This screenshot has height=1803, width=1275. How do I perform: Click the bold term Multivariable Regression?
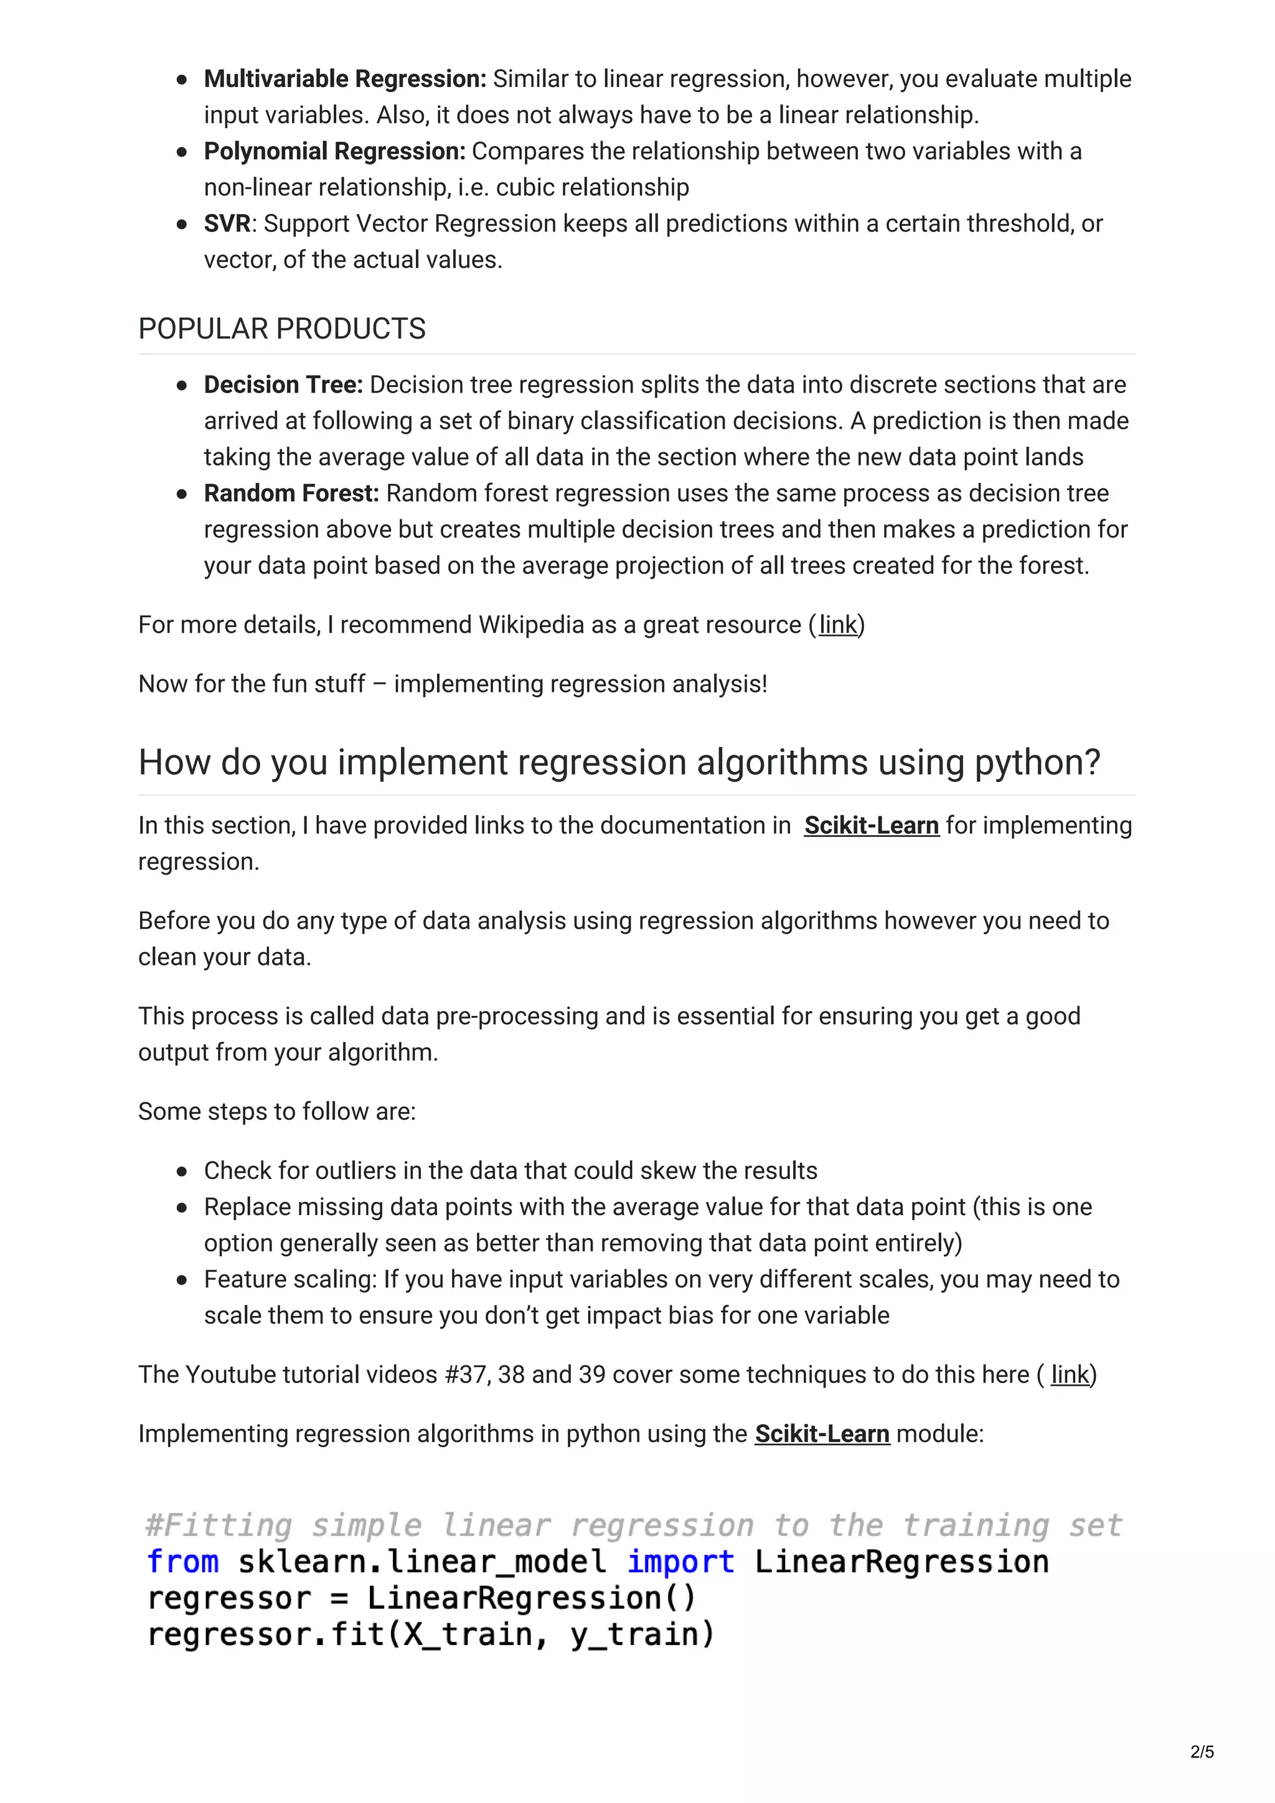[x=345, y=79]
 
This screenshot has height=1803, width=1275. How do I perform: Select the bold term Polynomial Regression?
[x=335, y=152]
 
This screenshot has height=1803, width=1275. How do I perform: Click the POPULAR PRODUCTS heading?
[x=282, y=329]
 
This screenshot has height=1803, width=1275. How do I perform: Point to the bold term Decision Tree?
[x=283, y=384]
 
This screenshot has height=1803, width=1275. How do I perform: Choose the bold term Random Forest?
[x=291, y=493]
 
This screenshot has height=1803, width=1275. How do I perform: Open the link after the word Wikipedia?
[x=837, y=625]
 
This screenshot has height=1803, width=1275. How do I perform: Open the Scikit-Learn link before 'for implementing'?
[x=871, y=826]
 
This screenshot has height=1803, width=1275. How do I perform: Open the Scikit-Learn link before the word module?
[x=822, y=1434]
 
